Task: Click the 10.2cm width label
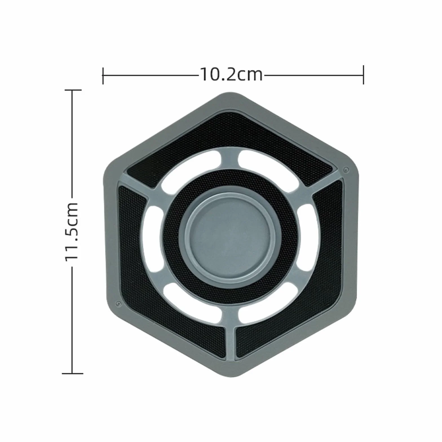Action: tap(231, 75)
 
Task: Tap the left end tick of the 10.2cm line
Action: tap(103, 76)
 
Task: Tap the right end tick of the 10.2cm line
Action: tap(363, 75)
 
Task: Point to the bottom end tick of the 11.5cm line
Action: tap(72, 374)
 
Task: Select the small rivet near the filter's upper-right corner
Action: tap(346, 170)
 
